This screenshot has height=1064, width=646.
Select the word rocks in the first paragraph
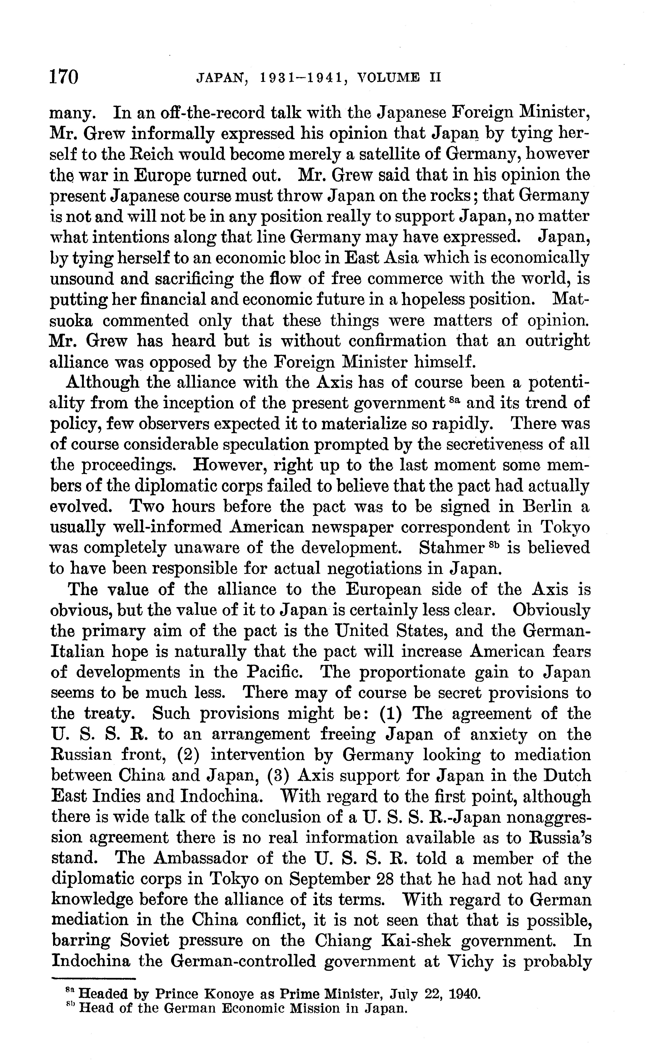[449, 196]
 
